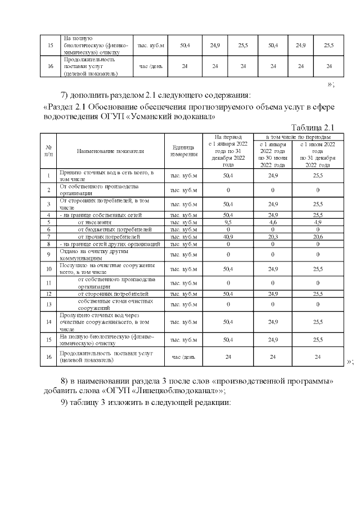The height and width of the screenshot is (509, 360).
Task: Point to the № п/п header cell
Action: click(x=49, y=151)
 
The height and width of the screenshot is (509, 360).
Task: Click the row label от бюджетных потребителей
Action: click(x=115, y=229)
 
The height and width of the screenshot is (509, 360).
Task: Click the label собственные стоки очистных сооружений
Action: click(x=107, y=305)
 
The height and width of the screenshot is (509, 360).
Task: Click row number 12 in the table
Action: click(x=49, y=294)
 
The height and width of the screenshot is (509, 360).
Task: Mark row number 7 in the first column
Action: click(x=49, y=237)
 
